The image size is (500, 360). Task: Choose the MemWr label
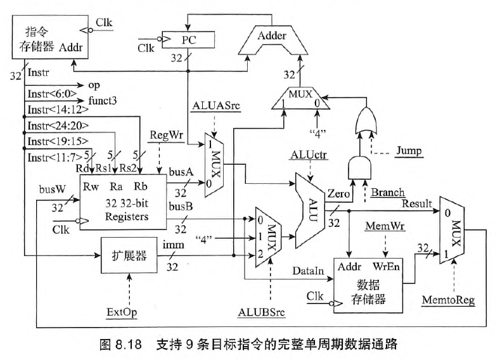(x=381, y=226)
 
